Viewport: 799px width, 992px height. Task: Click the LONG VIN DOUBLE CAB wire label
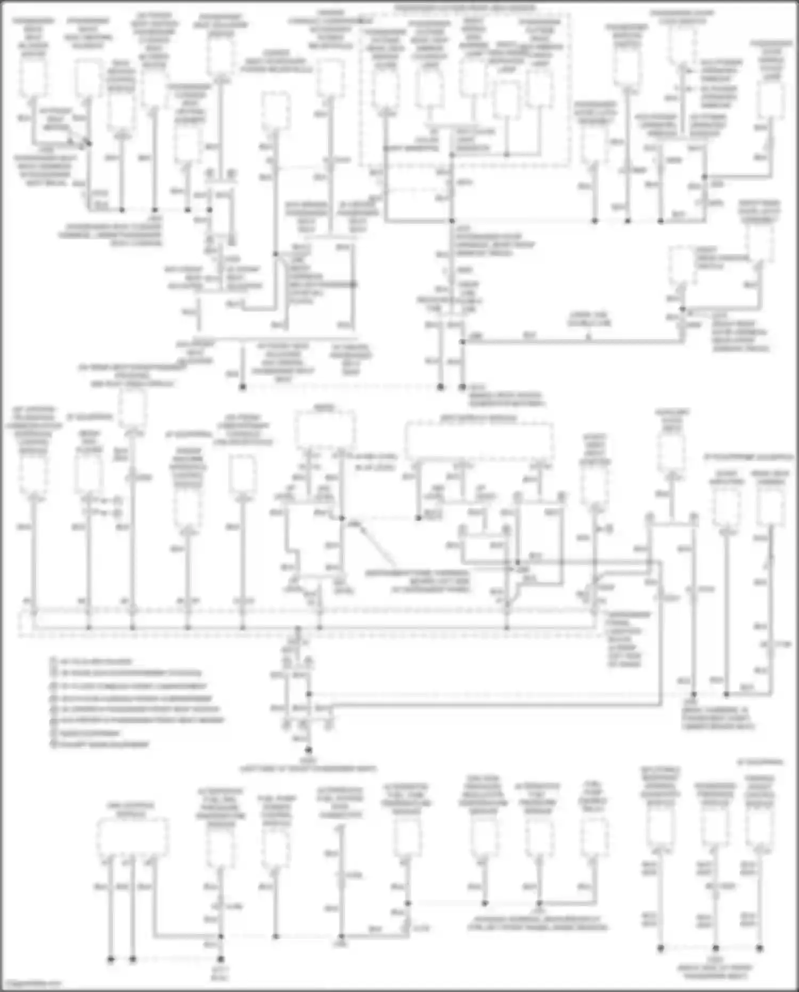click(x=589, y=319)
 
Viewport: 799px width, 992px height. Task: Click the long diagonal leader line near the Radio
click(x=378, y=546)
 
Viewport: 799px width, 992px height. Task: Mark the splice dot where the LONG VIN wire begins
click(x=462, y=342)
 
